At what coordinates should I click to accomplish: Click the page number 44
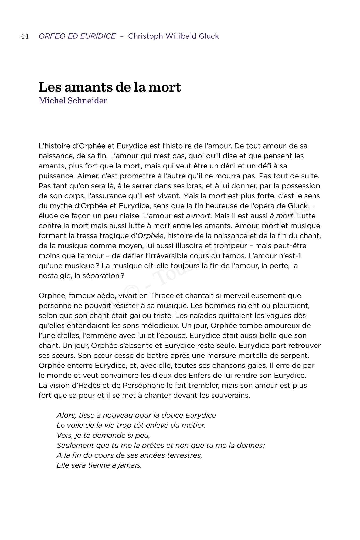tap(25, 36)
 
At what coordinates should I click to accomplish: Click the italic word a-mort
tap(198, 216)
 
